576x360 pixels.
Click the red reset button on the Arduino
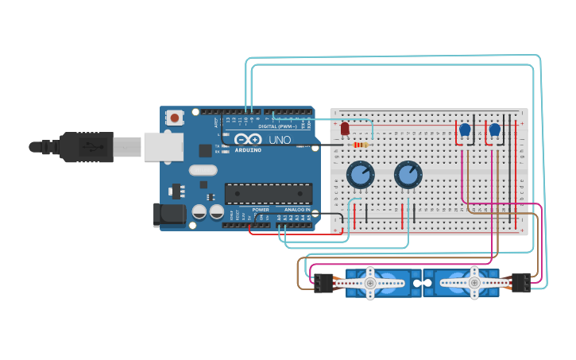(x=175, y=117)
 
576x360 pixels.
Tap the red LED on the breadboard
(x=345, y=128)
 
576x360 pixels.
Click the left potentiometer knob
(x=360, y=175)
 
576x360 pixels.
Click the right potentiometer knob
(x=408, y=175)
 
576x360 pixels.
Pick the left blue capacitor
(x=465, y=130)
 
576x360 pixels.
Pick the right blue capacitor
(x=495, y=130)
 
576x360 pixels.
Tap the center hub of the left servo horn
(x=370, y=282)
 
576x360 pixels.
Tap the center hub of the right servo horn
(x=474, y=282)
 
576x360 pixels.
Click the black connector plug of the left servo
(x=323, y=282)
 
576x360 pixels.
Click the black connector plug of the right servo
(x=521, y=282)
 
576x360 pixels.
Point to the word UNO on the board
(x=280, y=140)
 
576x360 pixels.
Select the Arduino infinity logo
(x=247, y=140)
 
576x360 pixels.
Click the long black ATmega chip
(x=268, y=193)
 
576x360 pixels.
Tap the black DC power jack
(x=169, y=214)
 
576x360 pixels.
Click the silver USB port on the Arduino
(x=164, y=147)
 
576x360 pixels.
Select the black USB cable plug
(x=87, y=147)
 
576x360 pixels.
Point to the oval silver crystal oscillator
(x=203, y=169)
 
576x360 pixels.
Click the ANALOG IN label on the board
(x=297, y=210)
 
